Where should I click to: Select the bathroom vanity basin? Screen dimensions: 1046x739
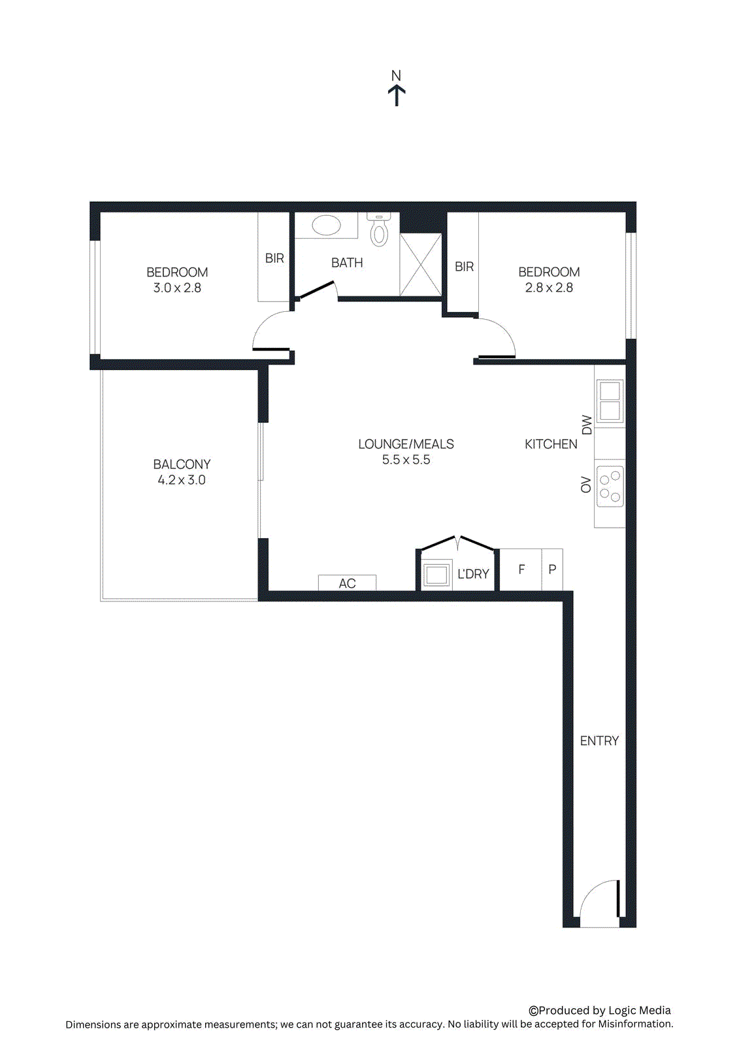(326, 226)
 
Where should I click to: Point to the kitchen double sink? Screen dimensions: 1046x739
(609, 401)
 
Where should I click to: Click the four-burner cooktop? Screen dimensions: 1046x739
(610, 487)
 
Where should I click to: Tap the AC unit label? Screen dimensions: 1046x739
(347, 583)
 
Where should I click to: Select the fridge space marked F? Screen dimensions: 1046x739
(521, 569)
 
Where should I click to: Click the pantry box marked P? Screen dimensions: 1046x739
(552, 569)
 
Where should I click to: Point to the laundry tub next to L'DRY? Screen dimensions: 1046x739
(436, 575)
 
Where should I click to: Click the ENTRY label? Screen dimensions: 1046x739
(599, 741)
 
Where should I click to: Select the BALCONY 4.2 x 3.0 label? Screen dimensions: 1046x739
(182, 472)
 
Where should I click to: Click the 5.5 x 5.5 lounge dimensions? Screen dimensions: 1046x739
(406, 460)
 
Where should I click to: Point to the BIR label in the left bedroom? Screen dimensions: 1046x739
(274, 258)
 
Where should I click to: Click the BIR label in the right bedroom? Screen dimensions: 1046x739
(464, 266)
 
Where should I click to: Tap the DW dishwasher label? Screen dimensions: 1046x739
(586, 425)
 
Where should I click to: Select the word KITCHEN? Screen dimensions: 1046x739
(551, 444)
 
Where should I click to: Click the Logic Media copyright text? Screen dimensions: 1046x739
(600, 1010)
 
